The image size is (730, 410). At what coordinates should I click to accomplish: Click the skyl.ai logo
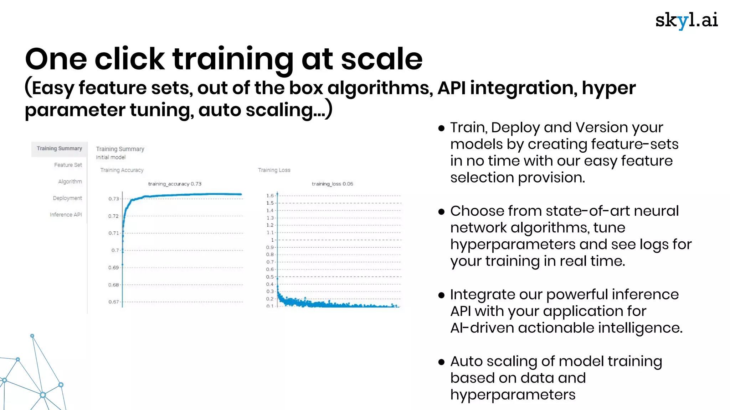[x=686, y=21]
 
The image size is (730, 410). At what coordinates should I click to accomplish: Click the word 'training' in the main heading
[x=233, y=59]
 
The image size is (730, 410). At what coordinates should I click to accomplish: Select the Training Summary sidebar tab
[x=59, y=148]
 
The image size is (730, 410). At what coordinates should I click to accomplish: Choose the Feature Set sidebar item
[x=68, y=165]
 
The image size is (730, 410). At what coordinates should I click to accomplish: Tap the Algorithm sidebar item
[x=70, y=182]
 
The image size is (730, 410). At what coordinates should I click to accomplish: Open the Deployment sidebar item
[x=67, y=198]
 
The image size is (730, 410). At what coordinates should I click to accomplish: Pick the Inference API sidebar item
[x=66, y=215]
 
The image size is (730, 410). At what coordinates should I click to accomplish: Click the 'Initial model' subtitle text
[x=110, y=157]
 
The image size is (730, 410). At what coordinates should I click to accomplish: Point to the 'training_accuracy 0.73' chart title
[x=175, y=184]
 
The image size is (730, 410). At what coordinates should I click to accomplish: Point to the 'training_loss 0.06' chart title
[x=332, y=184]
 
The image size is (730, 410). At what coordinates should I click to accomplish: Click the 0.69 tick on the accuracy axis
[x=113, y=268]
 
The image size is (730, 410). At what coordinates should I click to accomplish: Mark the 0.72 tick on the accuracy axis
[x=113, y=216]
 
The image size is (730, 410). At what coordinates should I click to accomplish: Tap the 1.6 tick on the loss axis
[x=270, y=196]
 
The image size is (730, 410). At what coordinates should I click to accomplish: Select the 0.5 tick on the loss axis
[x=270, y=277]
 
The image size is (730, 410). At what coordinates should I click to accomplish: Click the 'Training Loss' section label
[x=274, y=170]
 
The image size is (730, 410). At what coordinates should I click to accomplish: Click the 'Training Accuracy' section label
[x=122, y=170]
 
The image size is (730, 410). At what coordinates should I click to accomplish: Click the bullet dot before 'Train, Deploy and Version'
[x=442, y=128]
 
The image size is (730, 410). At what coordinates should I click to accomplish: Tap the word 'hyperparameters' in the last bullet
[x=513, y=395]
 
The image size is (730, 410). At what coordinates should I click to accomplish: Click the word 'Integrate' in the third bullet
[x=478, y=295]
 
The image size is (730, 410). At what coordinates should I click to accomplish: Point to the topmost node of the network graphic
[x=32, y=336]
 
